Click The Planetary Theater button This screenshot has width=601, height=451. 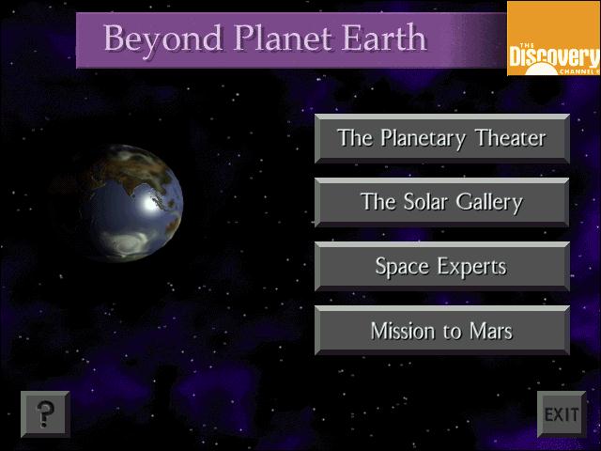coord(442,138)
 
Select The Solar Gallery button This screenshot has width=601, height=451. coord(442,202)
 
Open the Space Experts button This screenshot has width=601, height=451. coord(442,266)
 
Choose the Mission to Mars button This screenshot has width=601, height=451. coord(442,330)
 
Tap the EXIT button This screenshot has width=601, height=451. coord(562,414)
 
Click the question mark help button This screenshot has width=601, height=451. coord(45,414)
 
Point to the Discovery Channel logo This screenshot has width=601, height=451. coord(554,39)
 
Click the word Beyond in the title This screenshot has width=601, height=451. coord(163,39)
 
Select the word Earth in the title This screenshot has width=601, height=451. coord(384,38)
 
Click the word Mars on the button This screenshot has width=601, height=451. coord(491,331)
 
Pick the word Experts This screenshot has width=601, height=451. coord(472,267)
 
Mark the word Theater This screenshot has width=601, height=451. coord(510,138)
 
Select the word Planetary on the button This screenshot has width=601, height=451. coord(424,139)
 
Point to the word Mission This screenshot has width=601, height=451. coord(403,331)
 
